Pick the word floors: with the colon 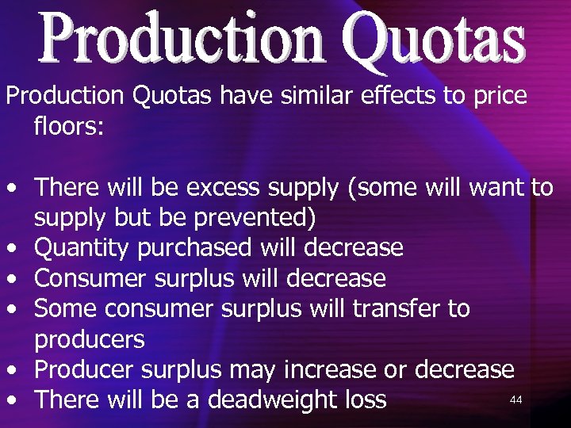pyautogui.click(x=69, y=125)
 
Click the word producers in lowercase pyautogui.click(x=90, y=340)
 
